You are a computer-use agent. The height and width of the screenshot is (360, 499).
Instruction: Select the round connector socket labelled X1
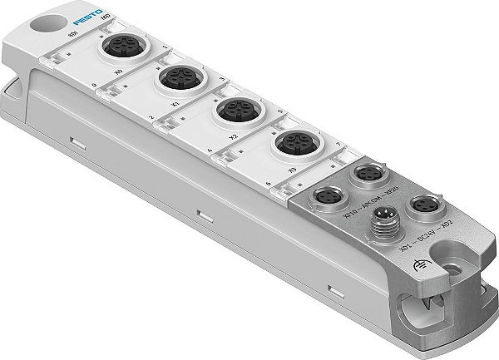tap(175, 79)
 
